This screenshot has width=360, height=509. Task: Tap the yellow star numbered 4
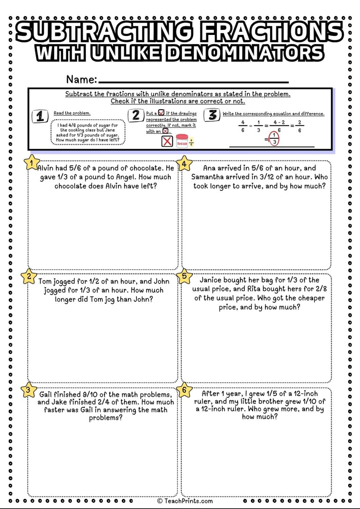[x=184, y=164]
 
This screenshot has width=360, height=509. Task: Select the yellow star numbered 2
[x=29, y=276]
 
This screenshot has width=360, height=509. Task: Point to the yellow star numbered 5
[x=184, y=276]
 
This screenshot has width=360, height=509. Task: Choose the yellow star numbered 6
[x=184, y=390]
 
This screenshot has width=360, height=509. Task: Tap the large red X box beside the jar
[x=167, y=141]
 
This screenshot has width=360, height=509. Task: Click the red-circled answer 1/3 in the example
[x=274, y=139]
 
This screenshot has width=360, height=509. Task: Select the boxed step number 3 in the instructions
[x=213, y=115]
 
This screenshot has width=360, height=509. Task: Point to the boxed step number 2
[x=136, y=115]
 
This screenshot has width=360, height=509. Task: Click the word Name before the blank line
[x=82, y=79]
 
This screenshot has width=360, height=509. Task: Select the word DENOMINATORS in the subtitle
[x=245, y=53]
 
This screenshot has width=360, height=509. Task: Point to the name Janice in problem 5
[x=211, y=280]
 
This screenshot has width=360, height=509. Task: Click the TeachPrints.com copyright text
[x=185, y=501]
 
